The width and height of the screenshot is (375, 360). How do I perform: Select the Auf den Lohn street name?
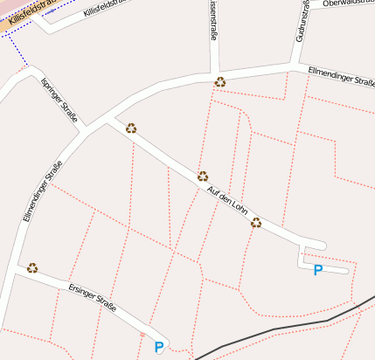(x=229, y=203)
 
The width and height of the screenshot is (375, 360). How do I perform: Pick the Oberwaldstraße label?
(x=348, y=3)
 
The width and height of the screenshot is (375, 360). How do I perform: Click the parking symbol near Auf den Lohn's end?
(x=318, y=270)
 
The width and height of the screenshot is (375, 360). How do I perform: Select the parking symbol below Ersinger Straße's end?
(x=159, y=347)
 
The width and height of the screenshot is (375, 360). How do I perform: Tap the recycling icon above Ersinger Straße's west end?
(x=32, y=268)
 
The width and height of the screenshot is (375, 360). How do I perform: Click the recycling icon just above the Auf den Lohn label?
(x=203, y=177)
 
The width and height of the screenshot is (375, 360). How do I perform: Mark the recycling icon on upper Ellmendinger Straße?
(x=220, y=82)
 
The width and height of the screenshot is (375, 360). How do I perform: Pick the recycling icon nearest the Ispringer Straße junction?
(x=131, y=128)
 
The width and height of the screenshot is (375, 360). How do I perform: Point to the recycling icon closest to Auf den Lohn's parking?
(x=256, y=223)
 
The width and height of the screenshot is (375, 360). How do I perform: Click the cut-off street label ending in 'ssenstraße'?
(x=212, y=22)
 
